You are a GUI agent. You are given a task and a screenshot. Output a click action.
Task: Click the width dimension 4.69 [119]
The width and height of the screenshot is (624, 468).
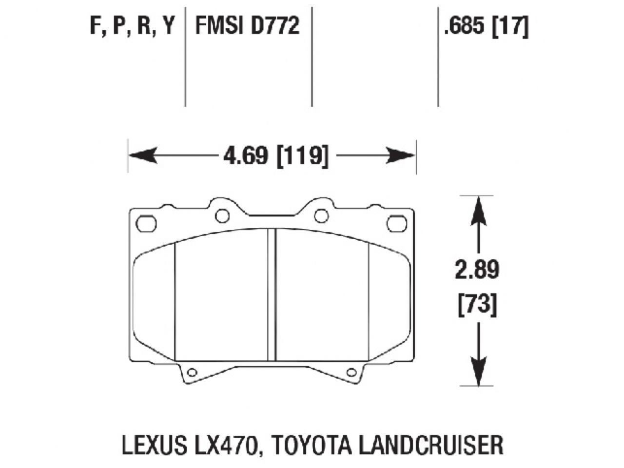point(275,156)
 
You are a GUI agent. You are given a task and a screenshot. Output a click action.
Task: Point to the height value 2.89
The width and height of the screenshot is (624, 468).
point(477,270)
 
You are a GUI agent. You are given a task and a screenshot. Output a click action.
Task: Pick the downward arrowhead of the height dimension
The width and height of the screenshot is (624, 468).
point(478,373)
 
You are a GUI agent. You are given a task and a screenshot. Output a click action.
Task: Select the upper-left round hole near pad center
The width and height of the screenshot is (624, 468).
point(222,215)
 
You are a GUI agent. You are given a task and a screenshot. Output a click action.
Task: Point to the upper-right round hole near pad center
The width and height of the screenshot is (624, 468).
point(321,215)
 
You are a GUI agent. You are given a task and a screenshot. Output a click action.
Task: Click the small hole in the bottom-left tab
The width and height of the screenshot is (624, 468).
point(192,373)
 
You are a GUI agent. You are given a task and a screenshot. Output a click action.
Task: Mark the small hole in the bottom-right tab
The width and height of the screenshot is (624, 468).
point(351,373)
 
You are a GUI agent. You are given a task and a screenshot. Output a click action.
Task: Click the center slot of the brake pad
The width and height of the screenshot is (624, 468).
point(272,295)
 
